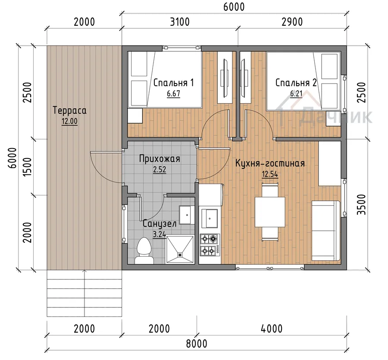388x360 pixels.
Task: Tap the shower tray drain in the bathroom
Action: click(x=180, y=254)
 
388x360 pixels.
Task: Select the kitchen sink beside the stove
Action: click(x=210, y=218)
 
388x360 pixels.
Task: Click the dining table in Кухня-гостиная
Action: click(x=270, y=211)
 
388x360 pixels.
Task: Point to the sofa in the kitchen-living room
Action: click(x=325, y=230)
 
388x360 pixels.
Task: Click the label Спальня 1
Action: click(x=173, y=83)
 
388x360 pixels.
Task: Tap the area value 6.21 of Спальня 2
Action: click(x=296, y=94)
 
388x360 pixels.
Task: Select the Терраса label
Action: click(x=69, y=110)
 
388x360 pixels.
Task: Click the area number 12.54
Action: click(x=270, y=174)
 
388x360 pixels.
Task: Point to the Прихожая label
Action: click(x=160, y=158)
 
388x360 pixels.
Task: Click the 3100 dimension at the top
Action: click(x=180, y=22)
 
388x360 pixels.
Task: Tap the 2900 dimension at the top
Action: click(x=292, y=22)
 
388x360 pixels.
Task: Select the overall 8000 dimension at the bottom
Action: click(x=197, y=344)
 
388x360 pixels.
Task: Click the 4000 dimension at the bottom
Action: click(x=272, y=329)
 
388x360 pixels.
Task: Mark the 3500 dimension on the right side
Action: click(x=362, y=205)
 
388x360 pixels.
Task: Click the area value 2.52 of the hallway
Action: click(x=160, y=170)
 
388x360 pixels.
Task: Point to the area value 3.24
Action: click(x=160, y=234)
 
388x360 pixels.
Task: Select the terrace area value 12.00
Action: click(x=69, y=121)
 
